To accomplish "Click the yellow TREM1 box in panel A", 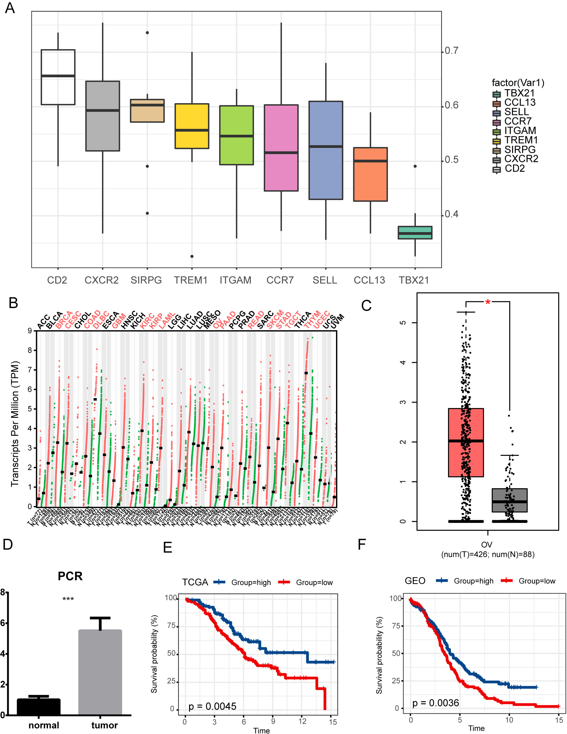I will pos(192,126).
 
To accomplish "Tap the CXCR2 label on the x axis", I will pos(101,280).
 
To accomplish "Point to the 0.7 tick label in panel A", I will pos(451,50).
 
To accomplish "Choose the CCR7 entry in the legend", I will pos(518,121).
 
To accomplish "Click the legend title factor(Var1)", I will pos(518,82).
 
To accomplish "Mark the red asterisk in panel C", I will pos(488,302).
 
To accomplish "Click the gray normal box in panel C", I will pos(510,500).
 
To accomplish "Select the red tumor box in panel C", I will pos(466,442).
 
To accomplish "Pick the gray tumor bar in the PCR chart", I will pos(100,672).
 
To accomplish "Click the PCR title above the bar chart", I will pos(70,576).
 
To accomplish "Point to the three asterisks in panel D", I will pos(68,599).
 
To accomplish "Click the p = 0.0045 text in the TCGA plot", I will pos(212,706).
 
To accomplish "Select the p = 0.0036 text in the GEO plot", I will pos(435,703).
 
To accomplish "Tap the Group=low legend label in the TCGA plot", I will pos(314,582).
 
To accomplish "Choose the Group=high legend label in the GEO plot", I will pos(473,581).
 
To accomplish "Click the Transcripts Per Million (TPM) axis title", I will pos(15,424).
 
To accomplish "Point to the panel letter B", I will pos(13,303).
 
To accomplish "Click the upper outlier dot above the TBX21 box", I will pos(415,166).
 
